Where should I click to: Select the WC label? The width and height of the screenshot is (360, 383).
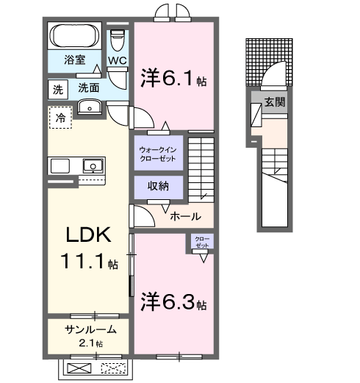coord(118,60)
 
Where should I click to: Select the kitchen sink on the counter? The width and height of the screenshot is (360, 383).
coord(93,165)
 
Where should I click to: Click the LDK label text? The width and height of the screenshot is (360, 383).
coord(87,237)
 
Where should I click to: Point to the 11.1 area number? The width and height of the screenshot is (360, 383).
coord(87,262)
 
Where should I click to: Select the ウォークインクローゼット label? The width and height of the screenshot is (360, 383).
coord(158,154)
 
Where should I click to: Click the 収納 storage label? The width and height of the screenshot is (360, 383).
coord(157,186)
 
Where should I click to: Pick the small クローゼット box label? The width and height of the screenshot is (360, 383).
coord(201,242)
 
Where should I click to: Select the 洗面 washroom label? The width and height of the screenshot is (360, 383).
coord(90,87)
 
